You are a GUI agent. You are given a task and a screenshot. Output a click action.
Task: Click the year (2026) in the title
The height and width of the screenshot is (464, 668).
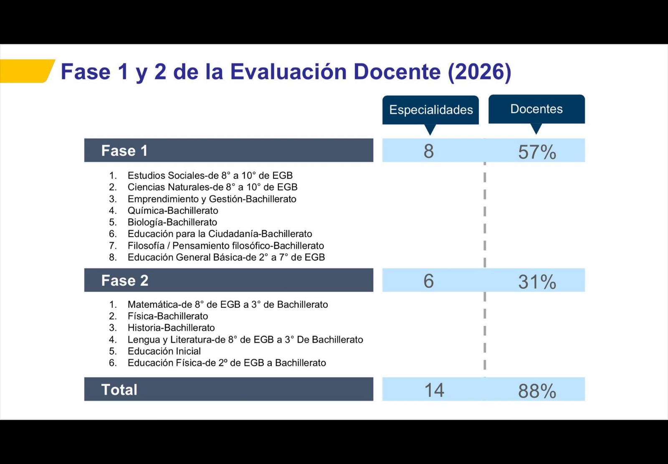pyautogui.click(x=480, y=72)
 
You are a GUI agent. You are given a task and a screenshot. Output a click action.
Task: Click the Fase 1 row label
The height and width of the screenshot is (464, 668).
pyautogui.click(x=124, y=151)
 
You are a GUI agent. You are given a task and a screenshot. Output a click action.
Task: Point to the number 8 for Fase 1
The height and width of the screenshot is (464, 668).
pyautogui.click(x=428, y=151)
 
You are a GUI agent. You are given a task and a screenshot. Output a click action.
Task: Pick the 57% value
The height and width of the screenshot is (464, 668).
pyautogui.click(x=537, y=152)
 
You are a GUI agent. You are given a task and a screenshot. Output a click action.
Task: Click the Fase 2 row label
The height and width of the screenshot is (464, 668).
pyautogui.click(x=125, y=281)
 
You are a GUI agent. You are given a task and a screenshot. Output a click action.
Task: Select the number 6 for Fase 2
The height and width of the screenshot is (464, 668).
pyautogui.click(x=428, y=281)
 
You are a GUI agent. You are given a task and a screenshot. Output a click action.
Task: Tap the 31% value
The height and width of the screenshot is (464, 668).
pyautogui.click(x=537, y=282)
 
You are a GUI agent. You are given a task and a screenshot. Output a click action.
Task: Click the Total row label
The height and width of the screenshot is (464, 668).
pyautogui.click(x=119, y=390)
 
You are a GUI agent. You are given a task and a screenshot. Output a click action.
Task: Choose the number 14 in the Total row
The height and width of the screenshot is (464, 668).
pyautogui.click(x=434, y=390)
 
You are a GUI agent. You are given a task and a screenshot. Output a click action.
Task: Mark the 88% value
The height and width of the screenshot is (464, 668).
pyautogui.click(x=537, y=391)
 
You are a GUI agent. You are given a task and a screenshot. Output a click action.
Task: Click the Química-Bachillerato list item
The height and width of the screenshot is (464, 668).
pyautogui.click(x=173, y=210)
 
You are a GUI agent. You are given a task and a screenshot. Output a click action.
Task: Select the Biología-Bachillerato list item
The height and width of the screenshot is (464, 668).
pyautogui.click(x=172, y=222)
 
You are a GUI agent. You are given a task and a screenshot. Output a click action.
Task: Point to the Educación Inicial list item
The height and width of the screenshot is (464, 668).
pyautogui.click(x=164, y=351)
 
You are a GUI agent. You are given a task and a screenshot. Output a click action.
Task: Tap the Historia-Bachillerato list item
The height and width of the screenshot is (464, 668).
pyautogui.click(x=171, y=327)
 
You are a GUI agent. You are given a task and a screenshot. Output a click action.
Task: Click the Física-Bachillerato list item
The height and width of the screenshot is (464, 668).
pyautogui.click(x=168, y=316)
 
